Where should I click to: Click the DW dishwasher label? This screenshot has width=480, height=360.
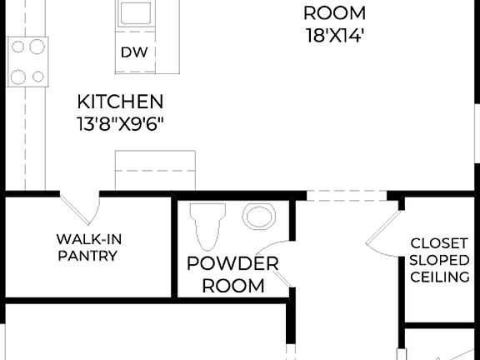133,52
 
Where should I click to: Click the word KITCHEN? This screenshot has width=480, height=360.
120,102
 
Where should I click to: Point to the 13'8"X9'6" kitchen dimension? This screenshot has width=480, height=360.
120,124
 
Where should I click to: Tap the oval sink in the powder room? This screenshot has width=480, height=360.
257,217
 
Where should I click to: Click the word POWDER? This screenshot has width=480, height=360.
232,264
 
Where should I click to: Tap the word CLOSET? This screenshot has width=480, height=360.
439,243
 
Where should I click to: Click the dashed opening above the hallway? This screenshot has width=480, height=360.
347,196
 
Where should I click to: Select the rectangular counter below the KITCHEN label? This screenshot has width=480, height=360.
155,171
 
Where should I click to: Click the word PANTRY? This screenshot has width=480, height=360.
87,256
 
